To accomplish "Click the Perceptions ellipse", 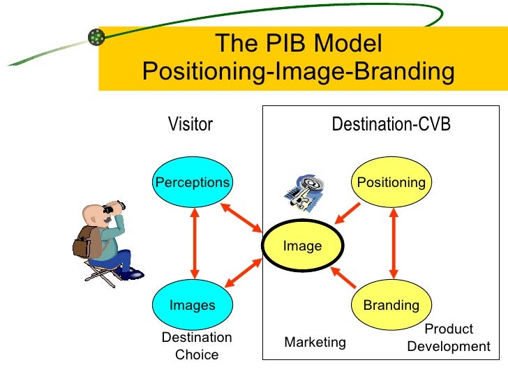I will pos(193,183).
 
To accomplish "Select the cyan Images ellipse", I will pos(193,305).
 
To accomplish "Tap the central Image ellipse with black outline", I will pos(303,246).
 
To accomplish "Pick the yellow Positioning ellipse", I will pos(391,183).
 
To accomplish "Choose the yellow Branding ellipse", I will pos(391,305).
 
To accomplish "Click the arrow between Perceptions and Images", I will pos(194,244).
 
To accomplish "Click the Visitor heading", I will pos(190,125).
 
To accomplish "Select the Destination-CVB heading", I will pos(391,125).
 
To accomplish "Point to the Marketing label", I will pos(315,342).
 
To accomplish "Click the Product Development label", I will pos(449,338).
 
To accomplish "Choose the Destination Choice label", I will pos(197,346).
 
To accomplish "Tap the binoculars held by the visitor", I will pos(113,207).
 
